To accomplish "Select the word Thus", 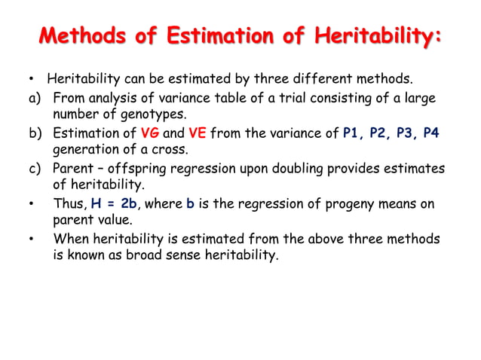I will point(69,203).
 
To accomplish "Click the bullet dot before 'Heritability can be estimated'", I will point(32,79).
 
